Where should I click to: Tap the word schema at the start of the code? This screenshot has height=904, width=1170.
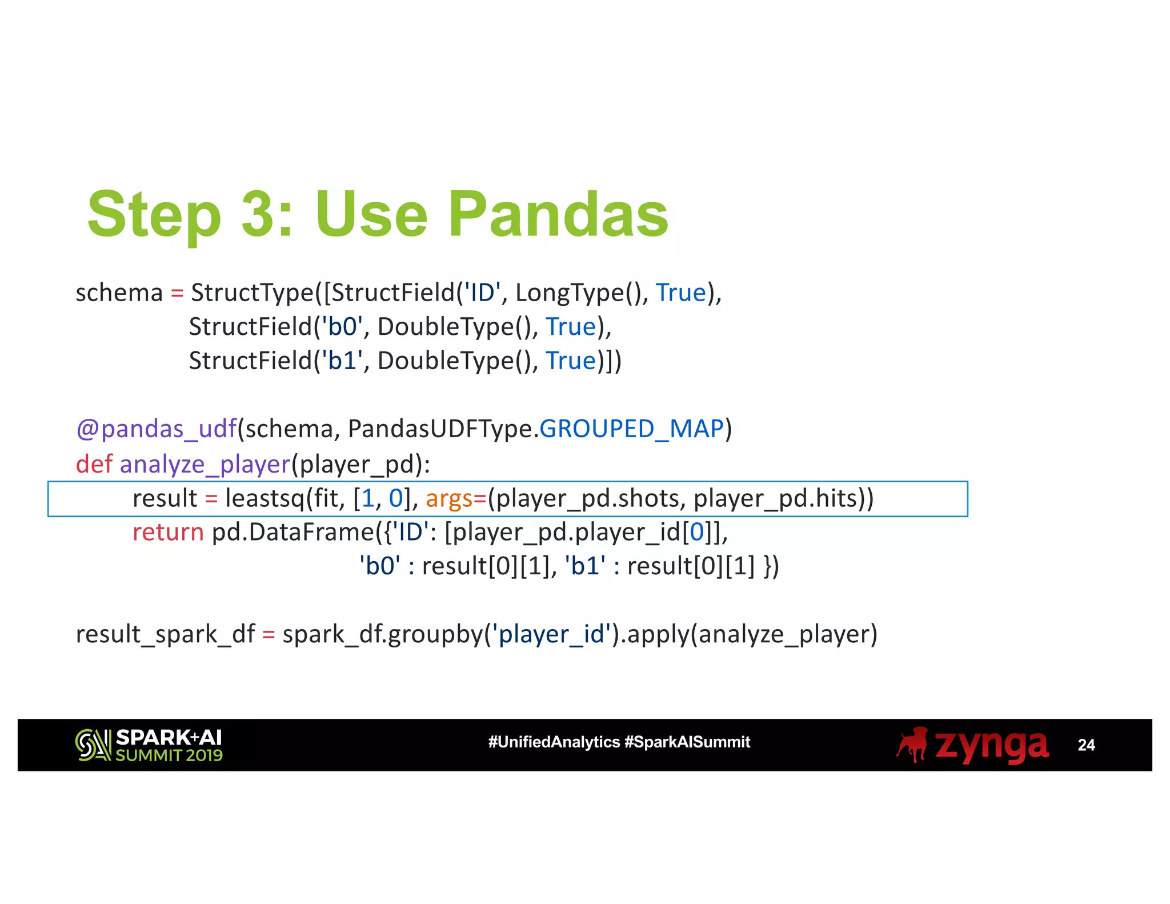[119, 293]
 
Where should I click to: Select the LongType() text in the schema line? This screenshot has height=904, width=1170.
[578, 293]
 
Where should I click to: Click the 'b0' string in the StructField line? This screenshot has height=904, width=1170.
[342, 327]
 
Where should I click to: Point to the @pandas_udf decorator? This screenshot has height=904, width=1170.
[156, 429]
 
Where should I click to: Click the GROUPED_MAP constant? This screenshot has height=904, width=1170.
[631, 429]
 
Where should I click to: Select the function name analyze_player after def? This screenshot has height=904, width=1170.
[205, 464]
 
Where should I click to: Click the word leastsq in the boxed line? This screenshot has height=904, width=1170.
[265, 498]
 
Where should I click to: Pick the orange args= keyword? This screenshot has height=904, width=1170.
[456, 498]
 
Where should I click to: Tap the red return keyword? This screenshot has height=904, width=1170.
[168, 533]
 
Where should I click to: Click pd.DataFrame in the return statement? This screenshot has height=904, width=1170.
[293, 533]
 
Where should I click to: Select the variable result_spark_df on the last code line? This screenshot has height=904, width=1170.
[165, 634]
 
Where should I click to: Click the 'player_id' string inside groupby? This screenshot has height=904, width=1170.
[551, 634]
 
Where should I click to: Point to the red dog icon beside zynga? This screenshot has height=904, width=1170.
[912, 745]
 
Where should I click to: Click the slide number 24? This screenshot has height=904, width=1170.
[1085, 745]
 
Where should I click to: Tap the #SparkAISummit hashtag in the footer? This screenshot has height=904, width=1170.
[687, 742]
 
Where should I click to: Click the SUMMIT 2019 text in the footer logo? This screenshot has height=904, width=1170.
[169, 755]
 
